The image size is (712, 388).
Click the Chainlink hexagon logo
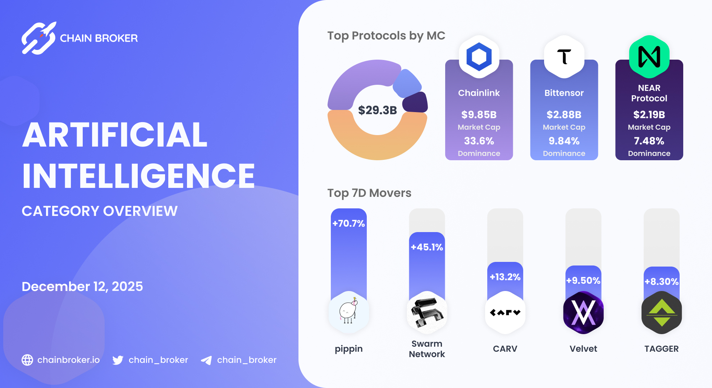pyautogui.click(x=479, y=57)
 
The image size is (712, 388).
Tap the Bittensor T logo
pyautogui.click(x=564, y=57)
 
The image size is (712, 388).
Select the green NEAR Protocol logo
pyautogui.click(x=649, y=57)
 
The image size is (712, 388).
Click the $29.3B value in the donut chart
pyautogui.click(x=377, y=110)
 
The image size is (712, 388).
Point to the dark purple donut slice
pyautogui.click(x=415, y=102)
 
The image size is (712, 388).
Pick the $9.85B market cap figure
pyautogui.click(x=479, y=115)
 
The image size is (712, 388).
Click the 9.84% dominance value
pyautogui.click(x=564, y=141)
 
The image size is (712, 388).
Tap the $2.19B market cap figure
pyautogui.click(x=649, y=115)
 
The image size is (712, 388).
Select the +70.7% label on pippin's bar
pyautogui.click(x=348, y=223)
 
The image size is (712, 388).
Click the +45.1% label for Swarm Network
pyautogui.click(x=427, y=247)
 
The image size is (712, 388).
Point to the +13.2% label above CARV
pyautogui.click(x=505, y=277)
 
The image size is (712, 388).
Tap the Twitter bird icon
pyautogui.click(x=118, y=360)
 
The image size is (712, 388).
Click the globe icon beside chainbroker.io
pyautogui.click(x=27, y=360)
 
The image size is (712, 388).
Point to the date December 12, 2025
pyautogui.click(x=82, y=286)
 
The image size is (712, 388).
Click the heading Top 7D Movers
pyautogui.click(x=369, y=193)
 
